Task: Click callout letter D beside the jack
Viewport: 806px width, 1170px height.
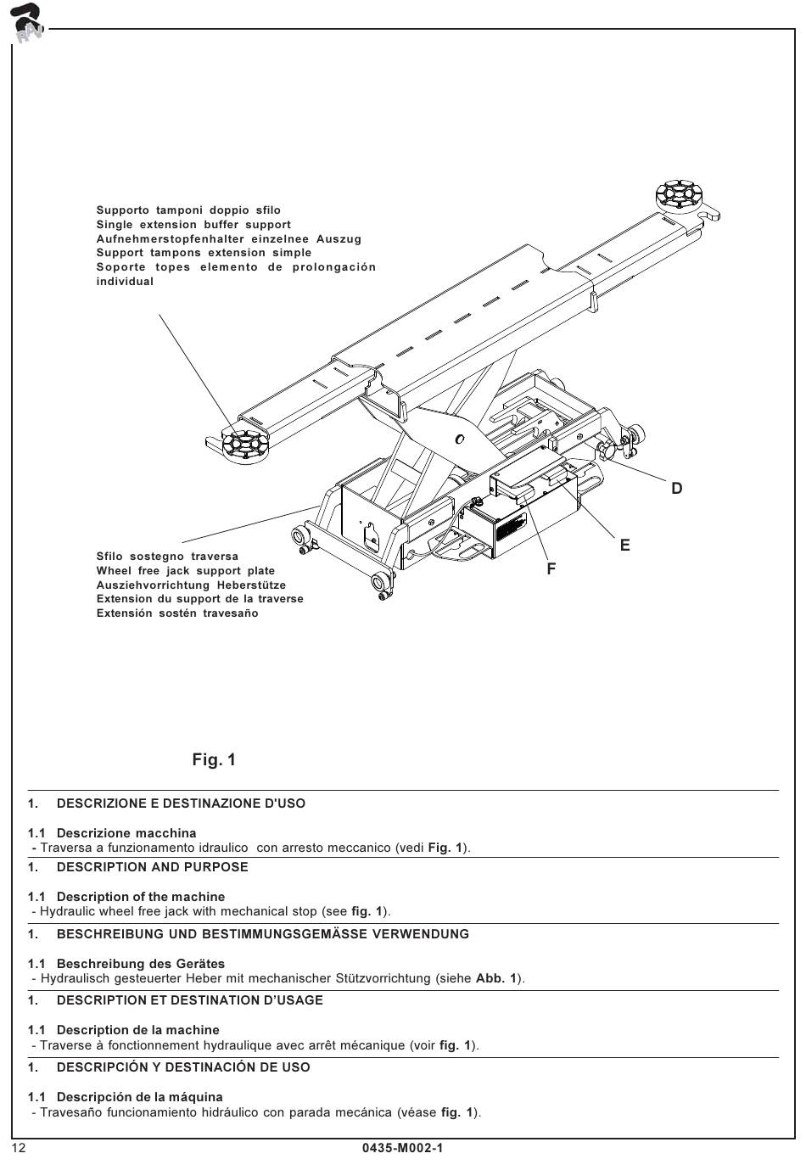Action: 676,488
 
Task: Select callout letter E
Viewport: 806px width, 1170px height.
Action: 625,546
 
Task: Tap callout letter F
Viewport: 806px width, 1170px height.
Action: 551,568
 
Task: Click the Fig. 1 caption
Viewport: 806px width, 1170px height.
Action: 214,759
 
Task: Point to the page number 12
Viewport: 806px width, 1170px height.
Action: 20,1148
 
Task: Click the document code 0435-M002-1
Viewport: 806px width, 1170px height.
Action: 403,1148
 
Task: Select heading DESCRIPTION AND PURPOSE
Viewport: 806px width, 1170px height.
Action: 152,867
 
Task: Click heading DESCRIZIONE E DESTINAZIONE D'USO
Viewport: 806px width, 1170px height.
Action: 181,803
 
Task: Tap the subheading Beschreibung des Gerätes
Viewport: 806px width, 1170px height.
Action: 141,964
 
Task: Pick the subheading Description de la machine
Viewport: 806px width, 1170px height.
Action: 137,1030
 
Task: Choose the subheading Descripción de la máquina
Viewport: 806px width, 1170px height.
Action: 140,1097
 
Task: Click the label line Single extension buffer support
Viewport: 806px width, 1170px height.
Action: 193,225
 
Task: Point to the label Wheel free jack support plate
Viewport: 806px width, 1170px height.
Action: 185,571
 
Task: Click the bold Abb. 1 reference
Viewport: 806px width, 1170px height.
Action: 496,978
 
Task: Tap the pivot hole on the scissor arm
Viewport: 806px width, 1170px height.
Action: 460,439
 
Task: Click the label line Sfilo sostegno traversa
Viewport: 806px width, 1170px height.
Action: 167,557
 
